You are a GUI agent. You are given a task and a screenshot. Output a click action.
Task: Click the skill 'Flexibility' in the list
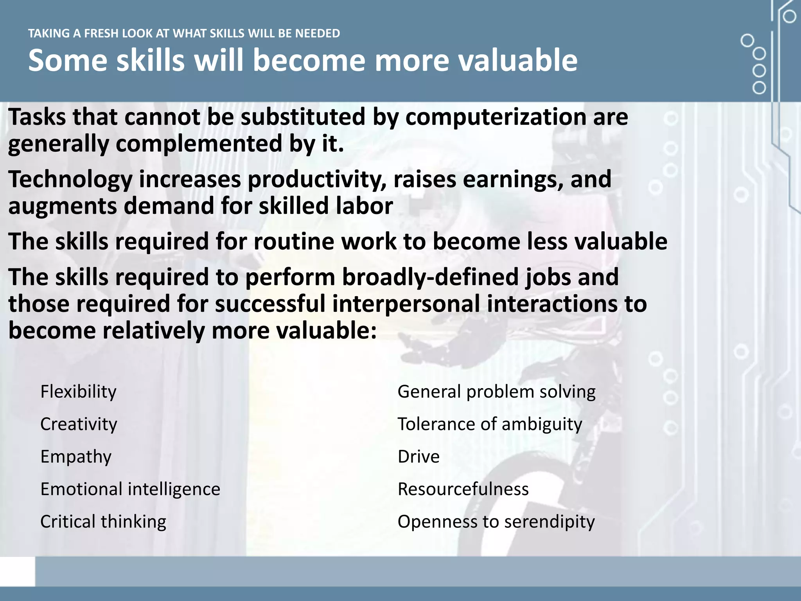click(x=78, y=392)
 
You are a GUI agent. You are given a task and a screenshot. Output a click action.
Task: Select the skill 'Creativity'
click(x=79, y=424)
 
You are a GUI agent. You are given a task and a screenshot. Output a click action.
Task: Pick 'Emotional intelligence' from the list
click(x=130, y=489)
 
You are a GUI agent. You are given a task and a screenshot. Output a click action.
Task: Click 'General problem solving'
click(x=496, y=392)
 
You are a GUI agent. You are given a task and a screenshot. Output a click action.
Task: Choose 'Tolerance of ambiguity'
click(x=490, y=424)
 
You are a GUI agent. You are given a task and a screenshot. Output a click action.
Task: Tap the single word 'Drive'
click(x=418, y=457)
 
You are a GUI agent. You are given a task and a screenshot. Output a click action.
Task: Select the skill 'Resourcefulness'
click(x=463, y=489)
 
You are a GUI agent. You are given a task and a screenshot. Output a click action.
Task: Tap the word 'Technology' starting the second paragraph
click(x=70, y=180)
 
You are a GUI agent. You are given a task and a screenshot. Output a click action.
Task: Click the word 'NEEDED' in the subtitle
click(x=317, y=34)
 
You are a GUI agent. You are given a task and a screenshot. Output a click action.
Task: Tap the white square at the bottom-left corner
click(x=17, y=572)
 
